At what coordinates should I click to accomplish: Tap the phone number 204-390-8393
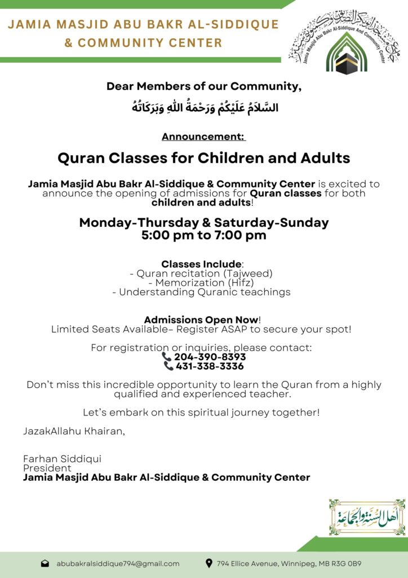[x=210, y=357]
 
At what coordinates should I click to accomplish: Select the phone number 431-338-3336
[x=210, y=366]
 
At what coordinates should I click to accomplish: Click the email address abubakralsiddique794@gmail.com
[x=118, y=563]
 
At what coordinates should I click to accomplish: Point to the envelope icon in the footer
[x=45, y=563]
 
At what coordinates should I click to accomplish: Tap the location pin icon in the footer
[x=209, y=563]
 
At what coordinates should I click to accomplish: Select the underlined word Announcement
[x=203, y=137]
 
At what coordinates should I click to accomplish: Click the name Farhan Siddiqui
[x=62, y=459]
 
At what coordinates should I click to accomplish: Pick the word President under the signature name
[x=47, y=468]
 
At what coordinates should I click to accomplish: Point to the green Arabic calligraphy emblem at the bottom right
[x=367, y=517]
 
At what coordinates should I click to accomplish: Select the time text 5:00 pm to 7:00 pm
[x=204, y=235]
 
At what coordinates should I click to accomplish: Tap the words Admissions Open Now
[x=201, y=319]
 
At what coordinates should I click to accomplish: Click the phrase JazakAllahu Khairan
[x=74, y=431]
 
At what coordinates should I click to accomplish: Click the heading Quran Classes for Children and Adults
[x=204, y=158]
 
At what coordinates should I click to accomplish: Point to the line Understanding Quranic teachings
[x=204, y=292]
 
